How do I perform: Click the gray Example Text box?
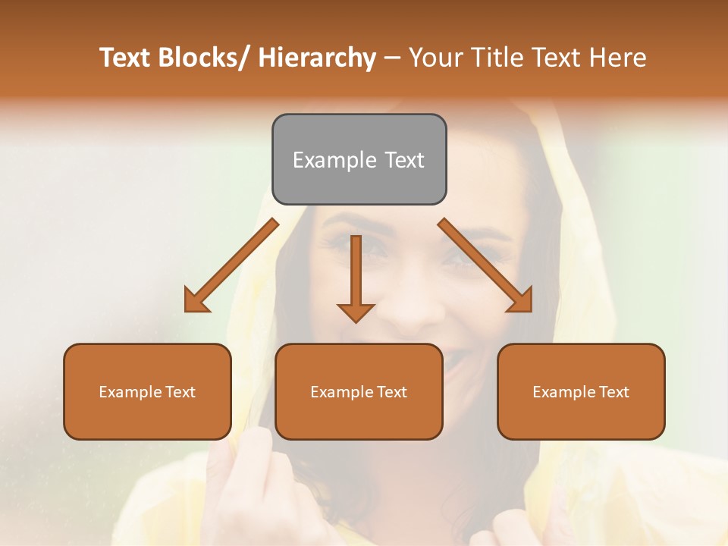pos(359,159)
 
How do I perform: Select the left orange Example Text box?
pos(147,391)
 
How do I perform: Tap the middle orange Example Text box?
pos(359,391)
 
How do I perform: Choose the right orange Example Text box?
pos(581,391)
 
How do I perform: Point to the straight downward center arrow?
pos(356,278)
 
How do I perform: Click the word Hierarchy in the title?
pos(317,58)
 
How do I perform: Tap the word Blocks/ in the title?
pos(205,58)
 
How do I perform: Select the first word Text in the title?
pos(126,58)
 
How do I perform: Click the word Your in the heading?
pos(435,58)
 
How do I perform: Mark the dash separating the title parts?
pos(392,58)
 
